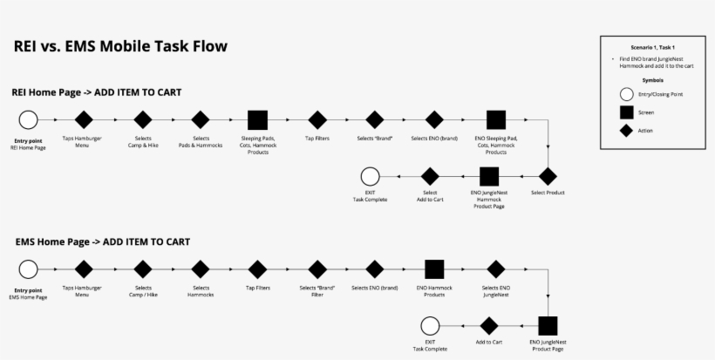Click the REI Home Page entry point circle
coord(28,119)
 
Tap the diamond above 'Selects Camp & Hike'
coord(143,119)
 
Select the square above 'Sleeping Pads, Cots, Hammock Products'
coord(257,119)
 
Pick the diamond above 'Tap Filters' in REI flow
coord(317,119)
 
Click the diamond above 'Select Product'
coord(548,176)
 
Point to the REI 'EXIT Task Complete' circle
coord(370,176)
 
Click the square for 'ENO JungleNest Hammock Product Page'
coord(489,176)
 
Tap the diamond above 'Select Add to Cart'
coord(430,176)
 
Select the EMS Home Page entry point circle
coord(28,269)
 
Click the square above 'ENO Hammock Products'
coord(434,269)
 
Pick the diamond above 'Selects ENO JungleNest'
coord(495,269)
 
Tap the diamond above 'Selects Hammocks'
coord(201,269)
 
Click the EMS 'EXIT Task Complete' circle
coord(430,326)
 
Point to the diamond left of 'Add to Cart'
coord(489,326)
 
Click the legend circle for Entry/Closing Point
coord(625,94)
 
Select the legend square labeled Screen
coord(625,112)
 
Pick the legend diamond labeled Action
coord(625,130)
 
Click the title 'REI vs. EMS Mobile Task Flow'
coord(120,46)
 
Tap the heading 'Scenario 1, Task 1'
coord(653,45)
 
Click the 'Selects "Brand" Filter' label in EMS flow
coord(317,291)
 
